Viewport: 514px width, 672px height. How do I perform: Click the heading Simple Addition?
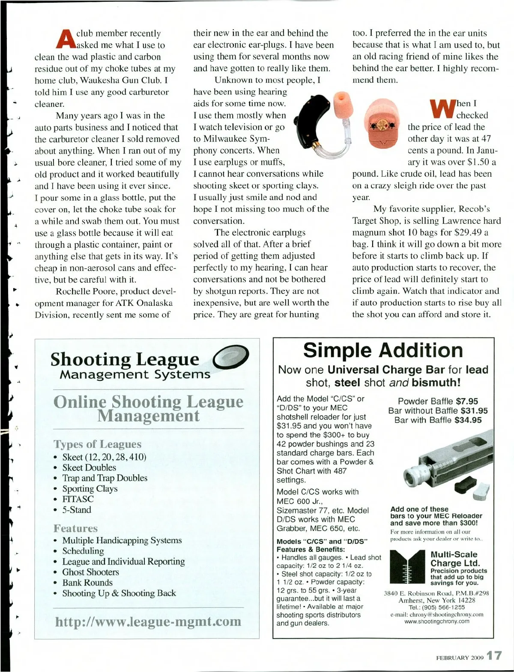pyautogui.click(x=383, y=350)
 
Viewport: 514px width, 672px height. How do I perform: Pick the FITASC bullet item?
pyautogui.click(x=78, y=499)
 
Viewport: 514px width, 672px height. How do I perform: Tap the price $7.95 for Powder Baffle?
pyautogui.click(x=467, y=401)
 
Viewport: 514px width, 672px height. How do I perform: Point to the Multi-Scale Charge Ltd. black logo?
pyautogui.click(x=406, y=567)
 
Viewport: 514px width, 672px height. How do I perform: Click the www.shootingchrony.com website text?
pyautogui.click(x=436, y=621)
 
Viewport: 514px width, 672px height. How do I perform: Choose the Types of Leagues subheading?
pyautogui.click(x=97, y=444)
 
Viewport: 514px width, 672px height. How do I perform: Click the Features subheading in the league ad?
pyautogui.click(x=75, y=528)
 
